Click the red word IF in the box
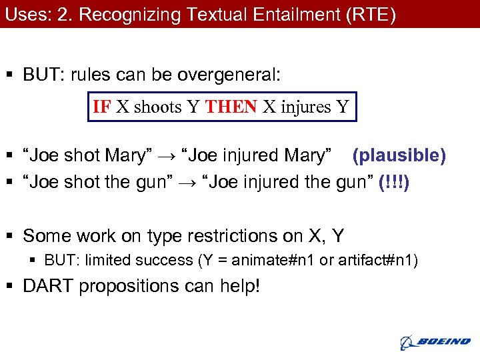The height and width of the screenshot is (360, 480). (x=102, y=107)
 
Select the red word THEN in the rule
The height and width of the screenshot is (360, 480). (x=231, y=107)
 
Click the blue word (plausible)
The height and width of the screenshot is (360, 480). (x=399, y=155)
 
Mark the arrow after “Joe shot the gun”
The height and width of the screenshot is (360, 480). (x=194, y=183)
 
